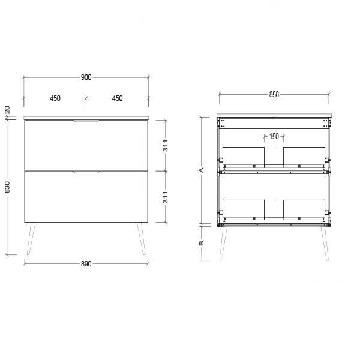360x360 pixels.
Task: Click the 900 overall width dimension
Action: (x=86, y=77)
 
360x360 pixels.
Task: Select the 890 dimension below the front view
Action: (x=86, y=265)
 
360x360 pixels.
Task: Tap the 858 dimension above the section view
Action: (x=274, y=95)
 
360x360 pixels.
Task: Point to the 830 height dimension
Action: (x=7, y=187)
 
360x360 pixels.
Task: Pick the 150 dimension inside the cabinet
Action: (x=274, y=136)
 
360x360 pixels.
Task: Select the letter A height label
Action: (x=202, y=170)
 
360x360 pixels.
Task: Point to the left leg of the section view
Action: (x=222, y=243)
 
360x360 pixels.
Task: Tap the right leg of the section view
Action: (x=325, y=243)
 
